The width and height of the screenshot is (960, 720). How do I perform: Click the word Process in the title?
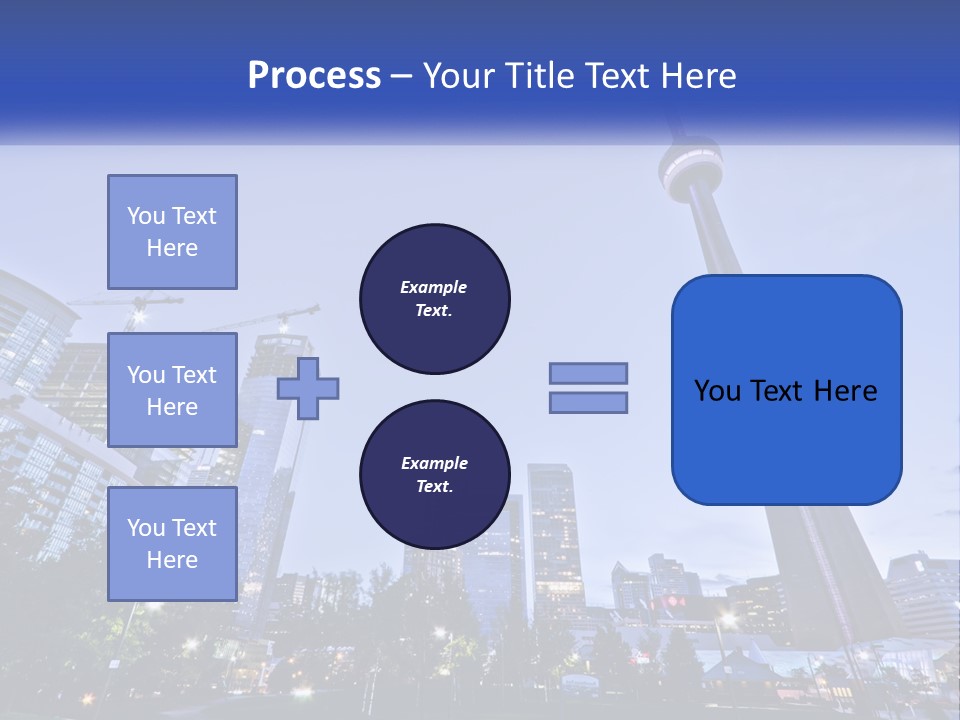(x=314, y=76)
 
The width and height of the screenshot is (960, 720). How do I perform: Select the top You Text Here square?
(x=172, y=232)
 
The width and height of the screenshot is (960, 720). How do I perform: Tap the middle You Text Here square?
(x=172, y=390)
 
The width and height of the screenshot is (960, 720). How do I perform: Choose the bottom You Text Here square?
(x=172, y=544)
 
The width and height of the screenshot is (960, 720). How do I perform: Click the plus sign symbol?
(x=308, y=388)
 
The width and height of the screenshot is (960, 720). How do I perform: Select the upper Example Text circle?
(x=434, y=299)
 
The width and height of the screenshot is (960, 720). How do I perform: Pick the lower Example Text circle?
(x=434, y=475)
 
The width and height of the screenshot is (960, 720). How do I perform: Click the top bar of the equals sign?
(x=588, y=373)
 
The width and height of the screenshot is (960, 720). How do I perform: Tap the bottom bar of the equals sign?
(x=588, y=402)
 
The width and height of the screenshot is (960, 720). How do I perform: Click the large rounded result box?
(x=786, y=390)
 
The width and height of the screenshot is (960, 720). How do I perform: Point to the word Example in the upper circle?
(x=434, y=287)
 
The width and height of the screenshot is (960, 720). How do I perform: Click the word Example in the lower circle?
(x=434, y=463)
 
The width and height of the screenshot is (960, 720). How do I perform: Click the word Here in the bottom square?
(x=172, y=560)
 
